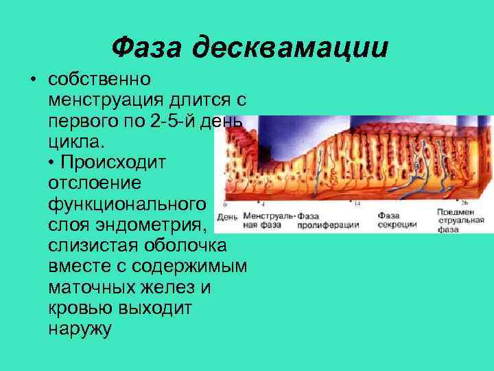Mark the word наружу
pyautogui.click(x=80, y=328)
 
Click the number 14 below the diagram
pyautogui.click(x=357, y=204)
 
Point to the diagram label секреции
pyautogui.click(x=395, y=225)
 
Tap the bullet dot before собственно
pyautogui.click(x=33, y=80)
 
